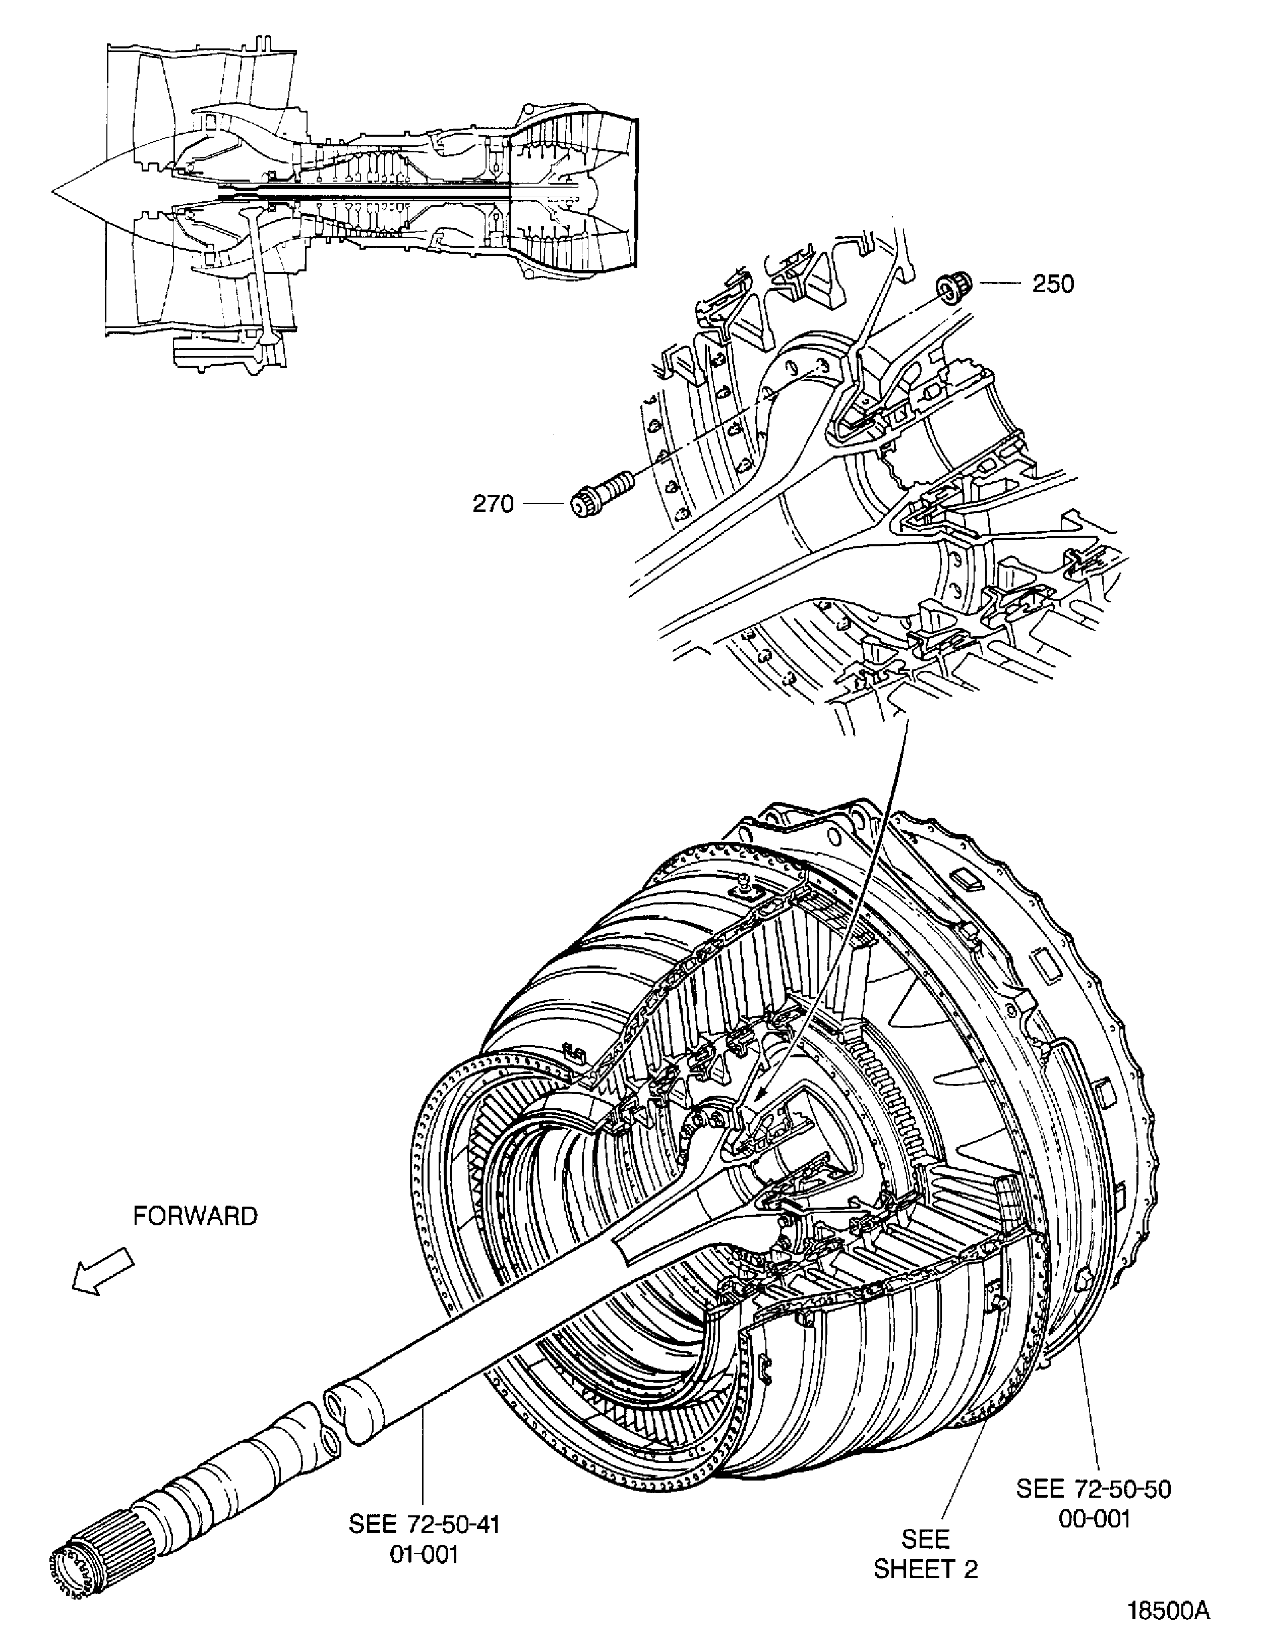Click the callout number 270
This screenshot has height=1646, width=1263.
(x=493, y=504)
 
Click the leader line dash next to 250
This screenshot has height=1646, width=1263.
(x=999, y=284)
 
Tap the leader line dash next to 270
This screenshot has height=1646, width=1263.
(x=544, y=504)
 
